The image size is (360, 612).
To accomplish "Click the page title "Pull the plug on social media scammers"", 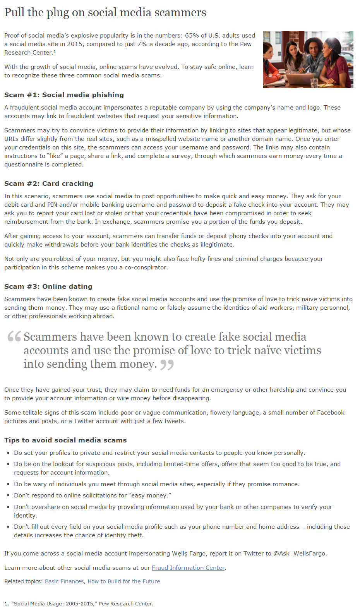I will (105, 13).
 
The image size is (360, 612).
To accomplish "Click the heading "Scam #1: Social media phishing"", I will (64, 95).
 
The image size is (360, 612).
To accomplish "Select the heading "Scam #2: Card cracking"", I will (49, 183).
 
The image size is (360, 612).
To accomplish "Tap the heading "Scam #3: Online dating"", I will (48, 286).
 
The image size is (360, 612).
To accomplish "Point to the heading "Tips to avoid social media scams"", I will (65, 440).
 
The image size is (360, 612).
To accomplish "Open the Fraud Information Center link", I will (188, 568).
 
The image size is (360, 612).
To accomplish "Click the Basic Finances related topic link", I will (64, 581).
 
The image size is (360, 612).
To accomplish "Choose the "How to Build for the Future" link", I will (123, 581).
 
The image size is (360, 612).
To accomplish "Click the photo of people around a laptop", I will (308, 59).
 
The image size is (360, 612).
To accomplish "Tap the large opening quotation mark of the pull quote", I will (14, 336).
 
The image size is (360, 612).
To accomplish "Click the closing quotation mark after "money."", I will (167, 365).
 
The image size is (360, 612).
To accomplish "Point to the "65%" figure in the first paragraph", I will (192, 36).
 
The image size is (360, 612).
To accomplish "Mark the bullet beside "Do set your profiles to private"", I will (8, 453).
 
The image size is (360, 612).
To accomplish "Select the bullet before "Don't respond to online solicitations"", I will (8, 495).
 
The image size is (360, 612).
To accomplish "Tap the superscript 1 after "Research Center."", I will (55, 51).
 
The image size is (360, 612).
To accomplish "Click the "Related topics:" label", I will (23, 581).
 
